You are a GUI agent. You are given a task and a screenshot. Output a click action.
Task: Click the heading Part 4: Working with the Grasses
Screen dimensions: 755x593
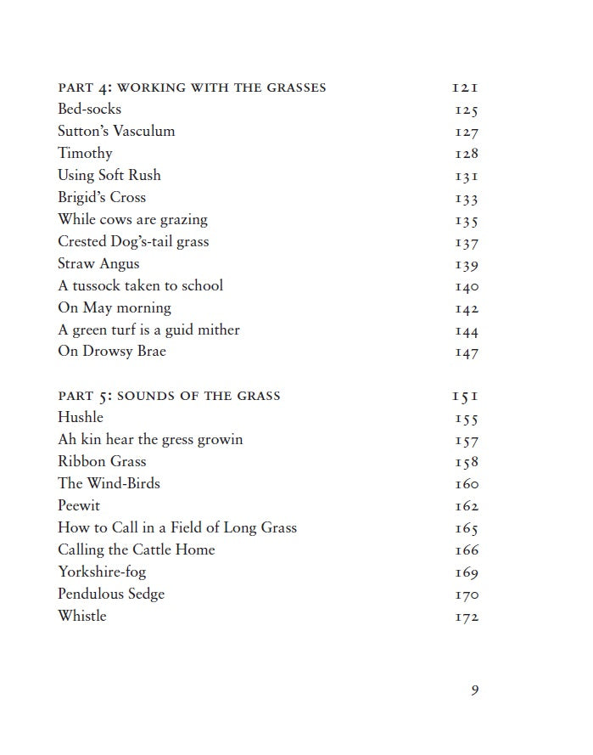pos(192,87)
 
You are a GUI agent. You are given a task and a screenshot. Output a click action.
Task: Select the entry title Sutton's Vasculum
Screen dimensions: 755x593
pos(116,131)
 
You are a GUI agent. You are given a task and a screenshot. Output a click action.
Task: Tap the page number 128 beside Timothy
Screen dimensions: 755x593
pos(467,154)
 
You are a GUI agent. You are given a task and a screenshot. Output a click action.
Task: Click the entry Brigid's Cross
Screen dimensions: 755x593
pos(102,197)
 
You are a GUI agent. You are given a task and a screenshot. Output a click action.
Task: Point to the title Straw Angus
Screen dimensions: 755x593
pos(98,263)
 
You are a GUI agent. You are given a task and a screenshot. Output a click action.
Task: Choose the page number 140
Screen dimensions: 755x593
pos(467,286)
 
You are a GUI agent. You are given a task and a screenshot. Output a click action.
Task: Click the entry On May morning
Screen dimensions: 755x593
pos(115,307)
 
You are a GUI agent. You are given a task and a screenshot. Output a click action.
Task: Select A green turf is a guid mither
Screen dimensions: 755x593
pos(148,330)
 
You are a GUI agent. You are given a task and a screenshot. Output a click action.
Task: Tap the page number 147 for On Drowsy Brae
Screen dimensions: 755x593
pos(467,352)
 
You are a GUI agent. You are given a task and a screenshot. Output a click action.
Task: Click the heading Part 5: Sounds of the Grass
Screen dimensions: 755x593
pos(169,396)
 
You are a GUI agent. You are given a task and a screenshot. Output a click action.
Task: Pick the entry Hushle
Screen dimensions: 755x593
pos(81,417)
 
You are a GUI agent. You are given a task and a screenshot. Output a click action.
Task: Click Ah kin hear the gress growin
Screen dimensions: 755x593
pos(150,439)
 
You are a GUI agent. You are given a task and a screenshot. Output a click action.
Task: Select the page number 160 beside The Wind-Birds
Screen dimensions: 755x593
pos(467,484)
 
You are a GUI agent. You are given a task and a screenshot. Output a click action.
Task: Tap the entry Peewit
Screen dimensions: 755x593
pos(79,505)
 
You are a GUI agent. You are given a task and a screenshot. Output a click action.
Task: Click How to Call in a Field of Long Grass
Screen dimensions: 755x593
pos(177,527)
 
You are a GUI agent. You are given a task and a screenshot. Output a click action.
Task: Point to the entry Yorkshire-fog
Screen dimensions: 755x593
pos(102,572)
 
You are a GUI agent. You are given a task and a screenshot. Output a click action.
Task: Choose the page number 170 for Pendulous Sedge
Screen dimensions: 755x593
pos(467,594)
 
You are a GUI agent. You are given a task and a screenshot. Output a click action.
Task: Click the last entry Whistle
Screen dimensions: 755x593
pos(82,616)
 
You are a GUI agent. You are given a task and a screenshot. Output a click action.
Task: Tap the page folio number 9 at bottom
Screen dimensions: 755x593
pos(475,690)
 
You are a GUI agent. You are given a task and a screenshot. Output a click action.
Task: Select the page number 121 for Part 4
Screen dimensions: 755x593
pos(466,87)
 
